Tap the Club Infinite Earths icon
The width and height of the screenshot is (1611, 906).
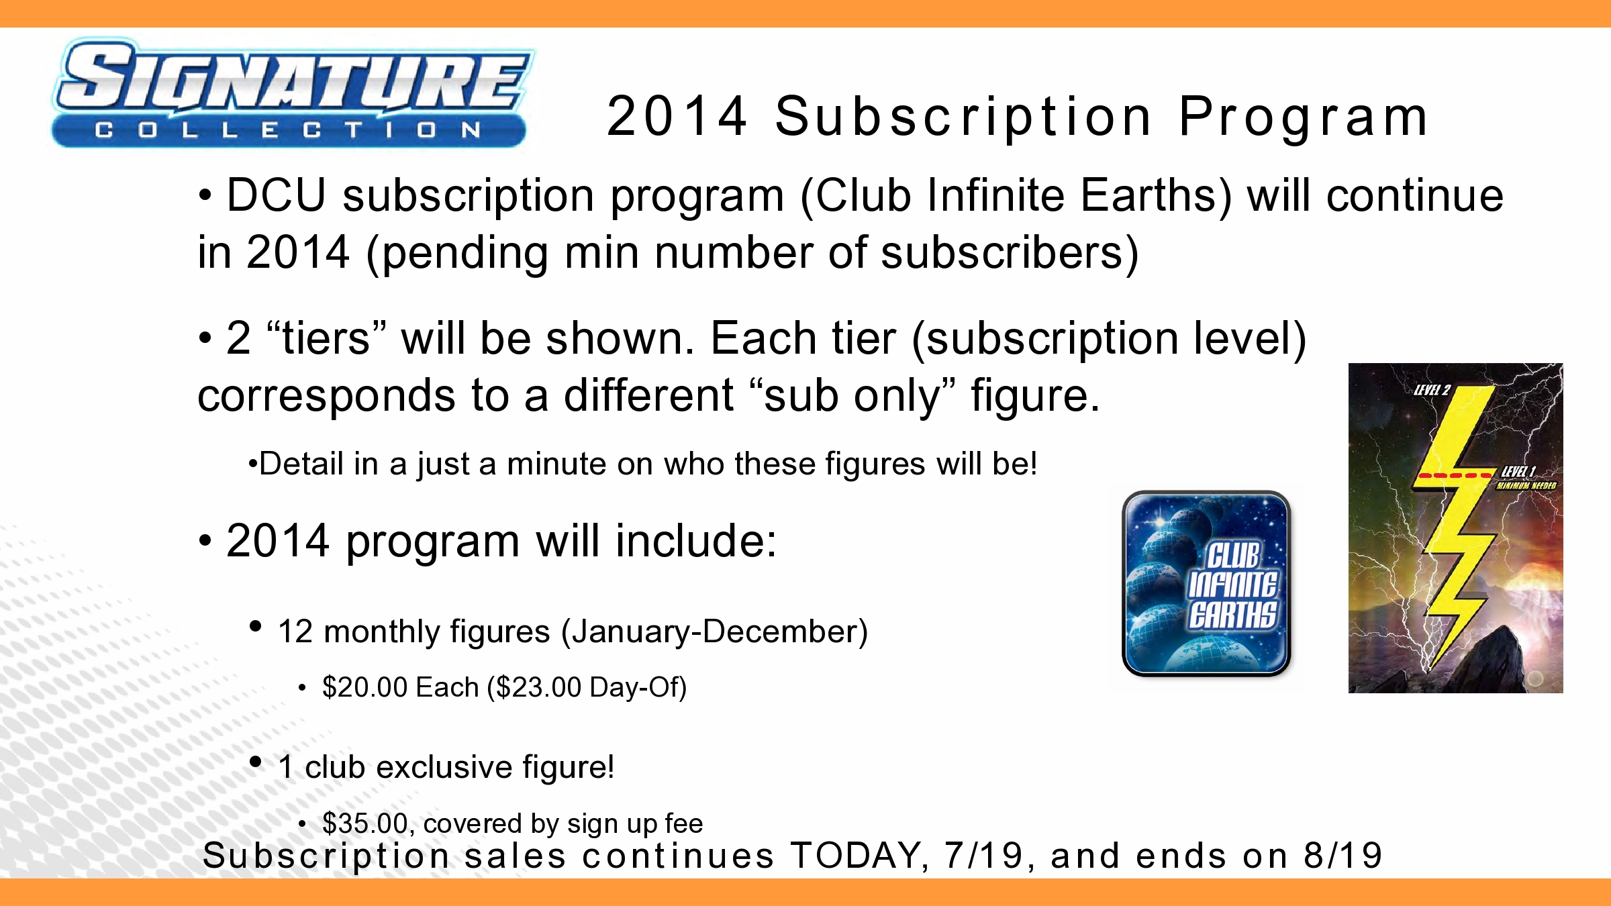coord(1206,583)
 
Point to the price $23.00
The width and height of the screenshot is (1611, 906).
coord(538,687)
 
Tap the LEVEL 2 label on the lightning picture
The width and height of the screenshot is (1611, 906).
coord(1432,391)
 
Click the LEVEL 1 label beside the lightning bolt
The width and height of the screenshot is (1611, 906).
coord(1518,472)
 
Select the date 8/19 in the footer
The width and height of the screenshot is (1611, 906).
coord(1342,856)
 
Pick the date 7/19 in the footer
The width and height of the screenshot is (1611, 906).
coord(983,856)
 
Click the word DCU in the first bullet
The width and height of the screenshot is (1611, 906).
coord(277,195)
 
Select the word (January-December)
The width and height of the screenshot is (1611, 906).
coord(714,632)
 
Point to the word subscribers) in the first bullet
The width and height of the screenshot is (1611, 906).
coord(1010,253)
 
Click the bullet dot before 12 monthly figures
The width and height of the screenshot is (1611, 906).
coord(255,626)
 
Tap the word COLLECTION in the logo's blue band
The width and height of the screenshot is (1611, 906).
coord(289,130)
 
